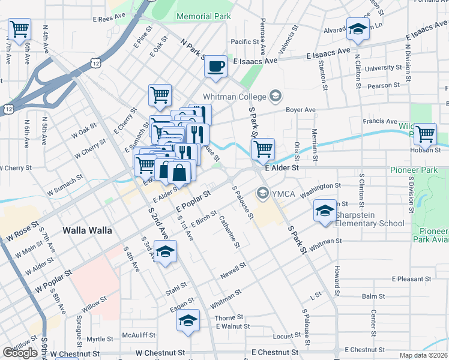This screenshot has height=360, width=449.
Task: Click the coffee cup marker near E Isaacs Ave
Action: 215,66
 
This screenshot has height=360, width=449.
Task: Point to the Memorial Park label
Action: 203,17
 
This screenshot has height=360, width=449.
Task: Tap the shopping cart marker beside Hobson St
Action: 425,134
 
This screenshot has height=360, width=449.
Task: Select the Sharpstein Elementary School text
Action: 370,219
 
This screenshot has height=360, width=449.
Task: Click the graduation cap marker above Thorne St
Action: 188,321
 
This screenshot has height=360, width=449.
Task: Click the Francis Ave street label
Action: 378,121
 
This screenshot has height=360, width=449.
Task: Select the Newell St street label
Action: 234,270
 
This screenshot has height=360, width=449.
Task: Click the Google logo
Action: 20,353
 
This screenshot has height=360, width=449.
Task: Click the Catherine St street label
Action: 229,232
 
